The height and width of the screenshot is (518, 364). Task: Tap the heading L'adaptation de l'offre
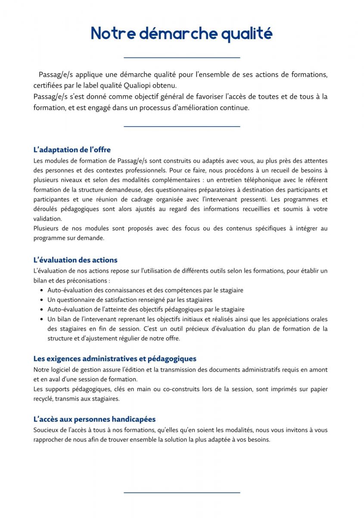pos(72,150)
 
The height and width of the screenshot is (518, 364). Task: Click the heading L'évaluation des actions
pos(75,260)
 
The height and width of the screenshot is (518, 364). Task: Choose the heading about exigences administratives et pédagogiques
pos(115,359)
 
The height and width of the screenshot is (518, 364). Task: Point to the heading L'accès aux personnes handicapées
pos(94,419)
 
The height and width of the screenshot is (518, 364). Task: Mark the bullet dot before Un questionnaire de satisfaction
pos(41,300)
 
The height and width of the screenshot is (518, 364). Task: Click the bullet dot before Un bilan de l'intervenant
pos(41,319)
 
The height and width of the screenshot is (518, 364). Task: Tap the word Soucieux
pos(46,430)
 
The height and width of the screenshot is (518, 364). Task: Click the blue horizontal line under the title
pos(182,57)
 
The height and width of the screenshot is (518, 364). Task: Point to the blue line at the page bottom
pos(182,493)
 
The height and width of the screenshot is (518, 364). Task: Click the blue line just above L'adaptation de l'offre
pos(182,126)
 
